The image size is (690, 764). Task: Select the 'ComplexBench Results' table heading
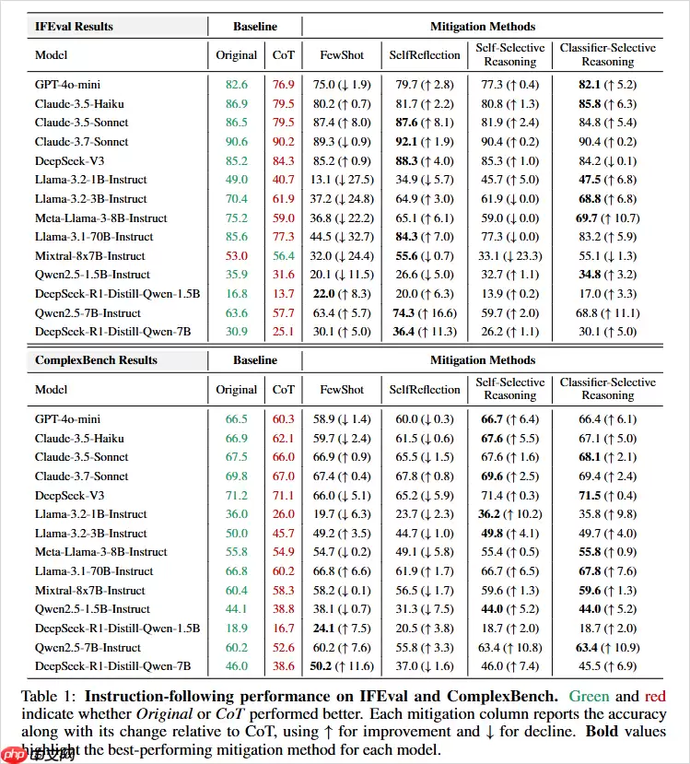tap(96, 360)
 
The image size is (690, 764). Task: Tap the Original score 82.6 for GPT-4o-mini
tap(236, 85)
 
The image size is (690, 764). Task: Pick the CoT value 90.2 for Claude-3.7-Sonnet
tap(284, 142)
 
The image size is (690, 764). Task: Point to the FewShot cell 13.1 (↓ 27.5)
tap(341, 180)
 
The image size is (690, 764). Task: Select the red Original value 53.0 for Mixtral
tap(236, 255)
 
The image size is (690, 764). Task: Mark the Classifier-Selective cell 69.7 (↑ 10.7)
tap(607, 217)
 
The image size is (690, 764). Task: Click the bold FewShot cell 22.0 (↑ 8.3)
tap(341, 293)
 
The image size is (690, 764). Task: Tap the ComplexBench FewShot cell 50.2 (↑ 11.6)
tap(341, 665)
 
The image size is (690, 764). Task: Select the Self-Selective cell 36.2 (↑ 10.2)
tap(509, 513)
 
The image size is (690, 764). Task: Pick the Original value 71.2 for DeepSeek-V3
tap(236, 494)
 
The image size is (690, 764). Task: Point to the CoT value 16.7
tap(284, 628)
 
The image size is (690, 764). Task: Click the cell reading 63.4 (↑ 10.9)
tap(607, 647)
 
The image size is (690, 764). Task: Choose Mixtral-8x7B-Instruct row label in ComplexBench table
tap(90, 590)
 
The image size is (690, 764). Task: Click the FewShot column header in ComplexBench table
tap(341, 390)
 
